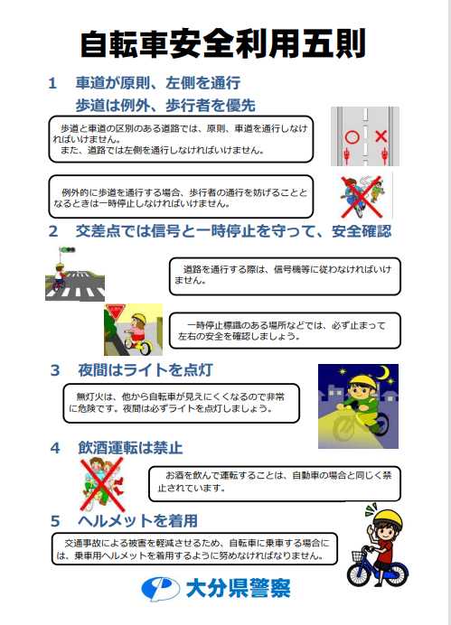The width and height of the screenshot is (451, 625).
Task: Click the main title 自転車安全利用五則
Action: [x=222, y=43]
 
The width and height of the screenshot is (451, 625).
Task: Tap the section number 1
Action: [x=52, y=84]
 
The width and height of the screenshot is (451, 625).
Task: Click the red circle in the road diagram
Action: [x=352, y=137]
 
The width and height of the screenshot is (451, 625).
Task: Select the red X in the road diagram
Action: [x=381, y=136]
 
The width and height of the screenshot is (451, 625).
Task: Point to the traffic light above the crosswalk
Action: [x=68, y=250]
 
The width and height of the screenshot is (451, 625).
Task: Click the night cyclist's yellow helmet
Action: [x=362, y=383]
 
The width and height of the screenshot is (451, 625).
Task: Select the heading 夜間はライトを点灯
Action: [x=146, y=370]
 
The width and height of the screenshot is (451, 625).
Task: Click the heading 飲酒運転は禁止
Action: [x=130, y=448]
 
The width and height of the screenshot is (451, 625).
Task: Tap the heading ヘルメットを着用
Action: [x=138, y=520]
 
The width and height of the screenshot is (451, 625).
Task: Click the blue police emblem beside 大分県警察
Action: [x=160, y=589]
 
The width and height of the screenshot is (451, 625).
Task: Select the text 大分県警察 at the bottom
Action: [x=238, y=588]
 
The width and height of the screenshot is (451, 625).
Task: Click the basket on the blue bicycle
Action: [x=358, y=555]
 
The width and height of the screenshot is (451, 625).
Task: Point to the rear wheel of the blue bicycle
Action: [x=395, y=574]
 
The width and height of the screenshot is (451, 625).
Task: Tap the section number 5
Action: [x=55, y=521]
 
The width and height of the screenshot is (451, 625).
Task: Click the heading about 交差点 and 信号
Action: [x=234, y=231]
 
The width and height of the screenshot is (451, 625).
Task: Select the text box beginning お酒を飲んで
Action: [x=275, y=483]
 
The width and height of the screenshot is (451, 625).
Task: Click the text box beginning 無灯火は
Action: [x=181, y=403]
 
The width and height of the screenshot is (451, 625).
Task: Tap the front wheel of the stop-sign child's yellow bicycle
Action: [x=145, y=348]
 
